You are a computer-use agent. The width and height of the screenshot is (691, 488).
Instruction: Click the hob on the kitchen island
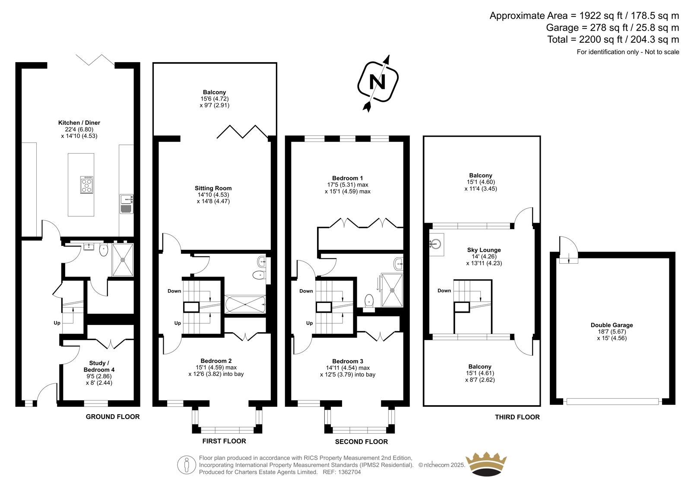click(87, 185)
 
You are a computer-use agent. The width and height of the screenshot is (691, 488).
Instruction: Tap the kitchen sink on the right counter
click(127, 204)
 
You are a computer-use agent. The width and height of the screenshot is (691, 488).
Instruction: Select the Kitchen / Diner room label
click(79, 123)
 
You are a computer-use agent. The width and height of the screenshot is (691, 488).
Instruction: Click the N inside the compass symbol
click(377, 82)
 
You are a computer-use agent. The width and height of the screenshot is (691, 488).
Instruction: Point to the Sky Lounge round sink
click(437, 245)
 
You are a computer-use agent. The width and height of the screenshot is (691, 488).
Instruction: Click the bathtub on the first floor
click(245, 304)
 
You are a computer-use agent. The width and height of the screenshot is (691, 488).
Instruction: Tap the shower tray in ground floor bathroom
click(123, 260)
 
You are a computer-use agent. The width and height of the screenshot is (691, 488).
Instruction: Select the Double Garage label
click(612, 325)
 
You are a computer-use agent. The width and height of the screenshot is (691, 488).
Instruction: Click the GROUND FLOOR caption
click(113, 417)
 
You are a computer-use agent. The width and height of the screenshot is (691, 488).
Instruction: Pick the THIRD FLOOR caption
click(517, 417)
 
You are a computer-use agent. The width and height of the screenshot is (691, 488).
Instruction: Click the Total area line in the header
click(613, 39)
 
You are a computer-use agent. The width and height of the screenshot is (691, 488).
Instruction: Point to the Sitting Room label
click(213, 188)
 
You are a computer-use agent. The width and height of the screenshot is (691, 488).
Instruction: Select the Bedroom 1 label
click(347, 178)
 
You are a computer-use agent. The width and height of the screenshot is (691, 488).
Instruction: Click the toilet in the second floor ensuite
click(369, 302)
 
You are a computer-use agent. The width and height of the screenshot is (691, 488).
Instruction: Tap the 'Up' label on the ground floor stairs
click(57, 323)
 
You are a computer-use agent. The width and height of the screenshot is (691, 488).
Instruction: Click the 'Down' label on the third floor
click(444, 290)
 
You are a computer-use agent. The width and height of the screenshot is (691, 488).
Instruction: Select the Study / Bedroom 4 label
click(99, 366)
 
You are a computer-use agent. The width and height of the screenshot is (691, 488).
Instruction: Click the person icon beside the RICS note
click(187, 465)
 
